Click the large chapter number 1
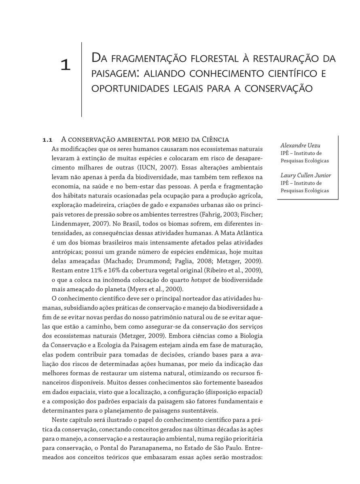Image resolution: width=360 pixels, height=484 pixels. (x=65, y=65)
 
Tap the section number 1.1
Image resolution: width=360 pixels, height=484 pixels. (x=48, y=140)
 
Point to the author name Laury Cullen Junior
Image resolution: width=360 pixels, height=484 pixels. (x=305, y=175)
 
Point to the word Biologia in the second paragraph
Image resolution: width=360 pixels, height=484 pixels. (x=250, y=336)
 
